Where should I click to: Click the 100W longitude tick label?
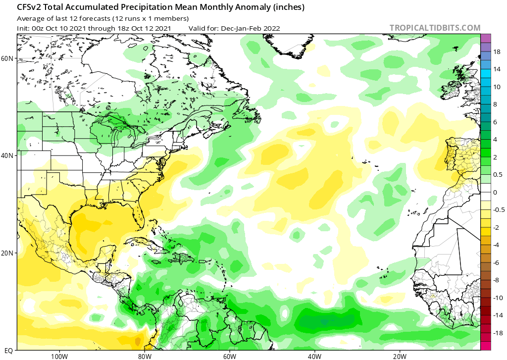59,356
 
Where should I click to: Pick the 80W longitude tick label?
144,356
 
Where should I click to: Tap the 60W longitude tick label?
229,356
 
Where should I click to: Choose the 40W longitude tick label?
314,356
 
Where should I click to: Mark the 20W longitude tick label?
400,356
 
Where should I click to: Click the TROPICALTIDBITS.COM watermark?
435,28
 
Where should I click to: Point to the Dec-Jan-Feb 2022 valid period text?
250,28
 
